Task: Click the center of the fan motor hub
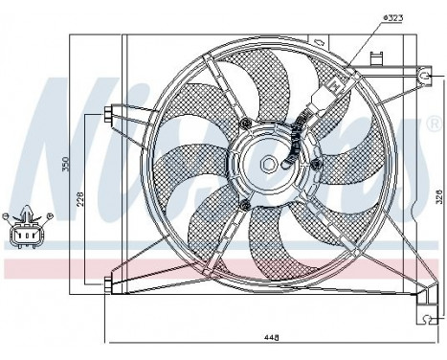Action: (270, 164)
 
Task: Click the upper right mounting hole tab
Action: (424, 73)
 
